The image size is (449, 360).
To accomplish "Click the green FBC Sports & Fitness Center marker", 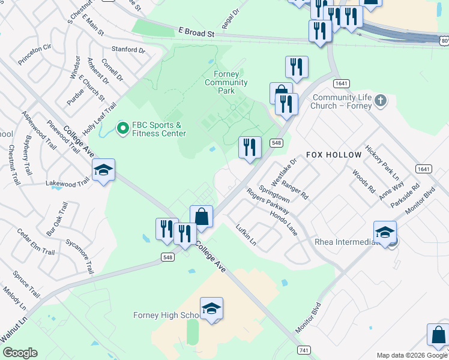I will coord(123,128).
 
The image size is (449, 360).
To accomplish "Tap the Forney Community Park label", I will coord(226,82).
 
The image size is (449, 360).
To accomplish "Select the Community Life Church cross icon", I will coord(380,100).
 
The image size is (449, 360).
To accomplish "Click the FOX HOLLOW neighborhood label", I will coord(334,155).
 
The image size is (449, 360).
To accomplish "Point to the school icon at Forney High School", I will coord(211,309).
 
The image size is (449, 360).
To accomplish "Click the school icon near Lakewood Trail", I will coord(103,170).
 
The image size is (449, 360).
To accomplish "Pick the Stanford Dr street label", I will coord(128,50).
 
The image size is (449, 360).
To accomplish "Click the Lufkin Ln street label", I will coord(246,235).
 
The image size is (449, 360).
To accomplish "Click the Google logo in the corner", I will coord(20,353).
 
